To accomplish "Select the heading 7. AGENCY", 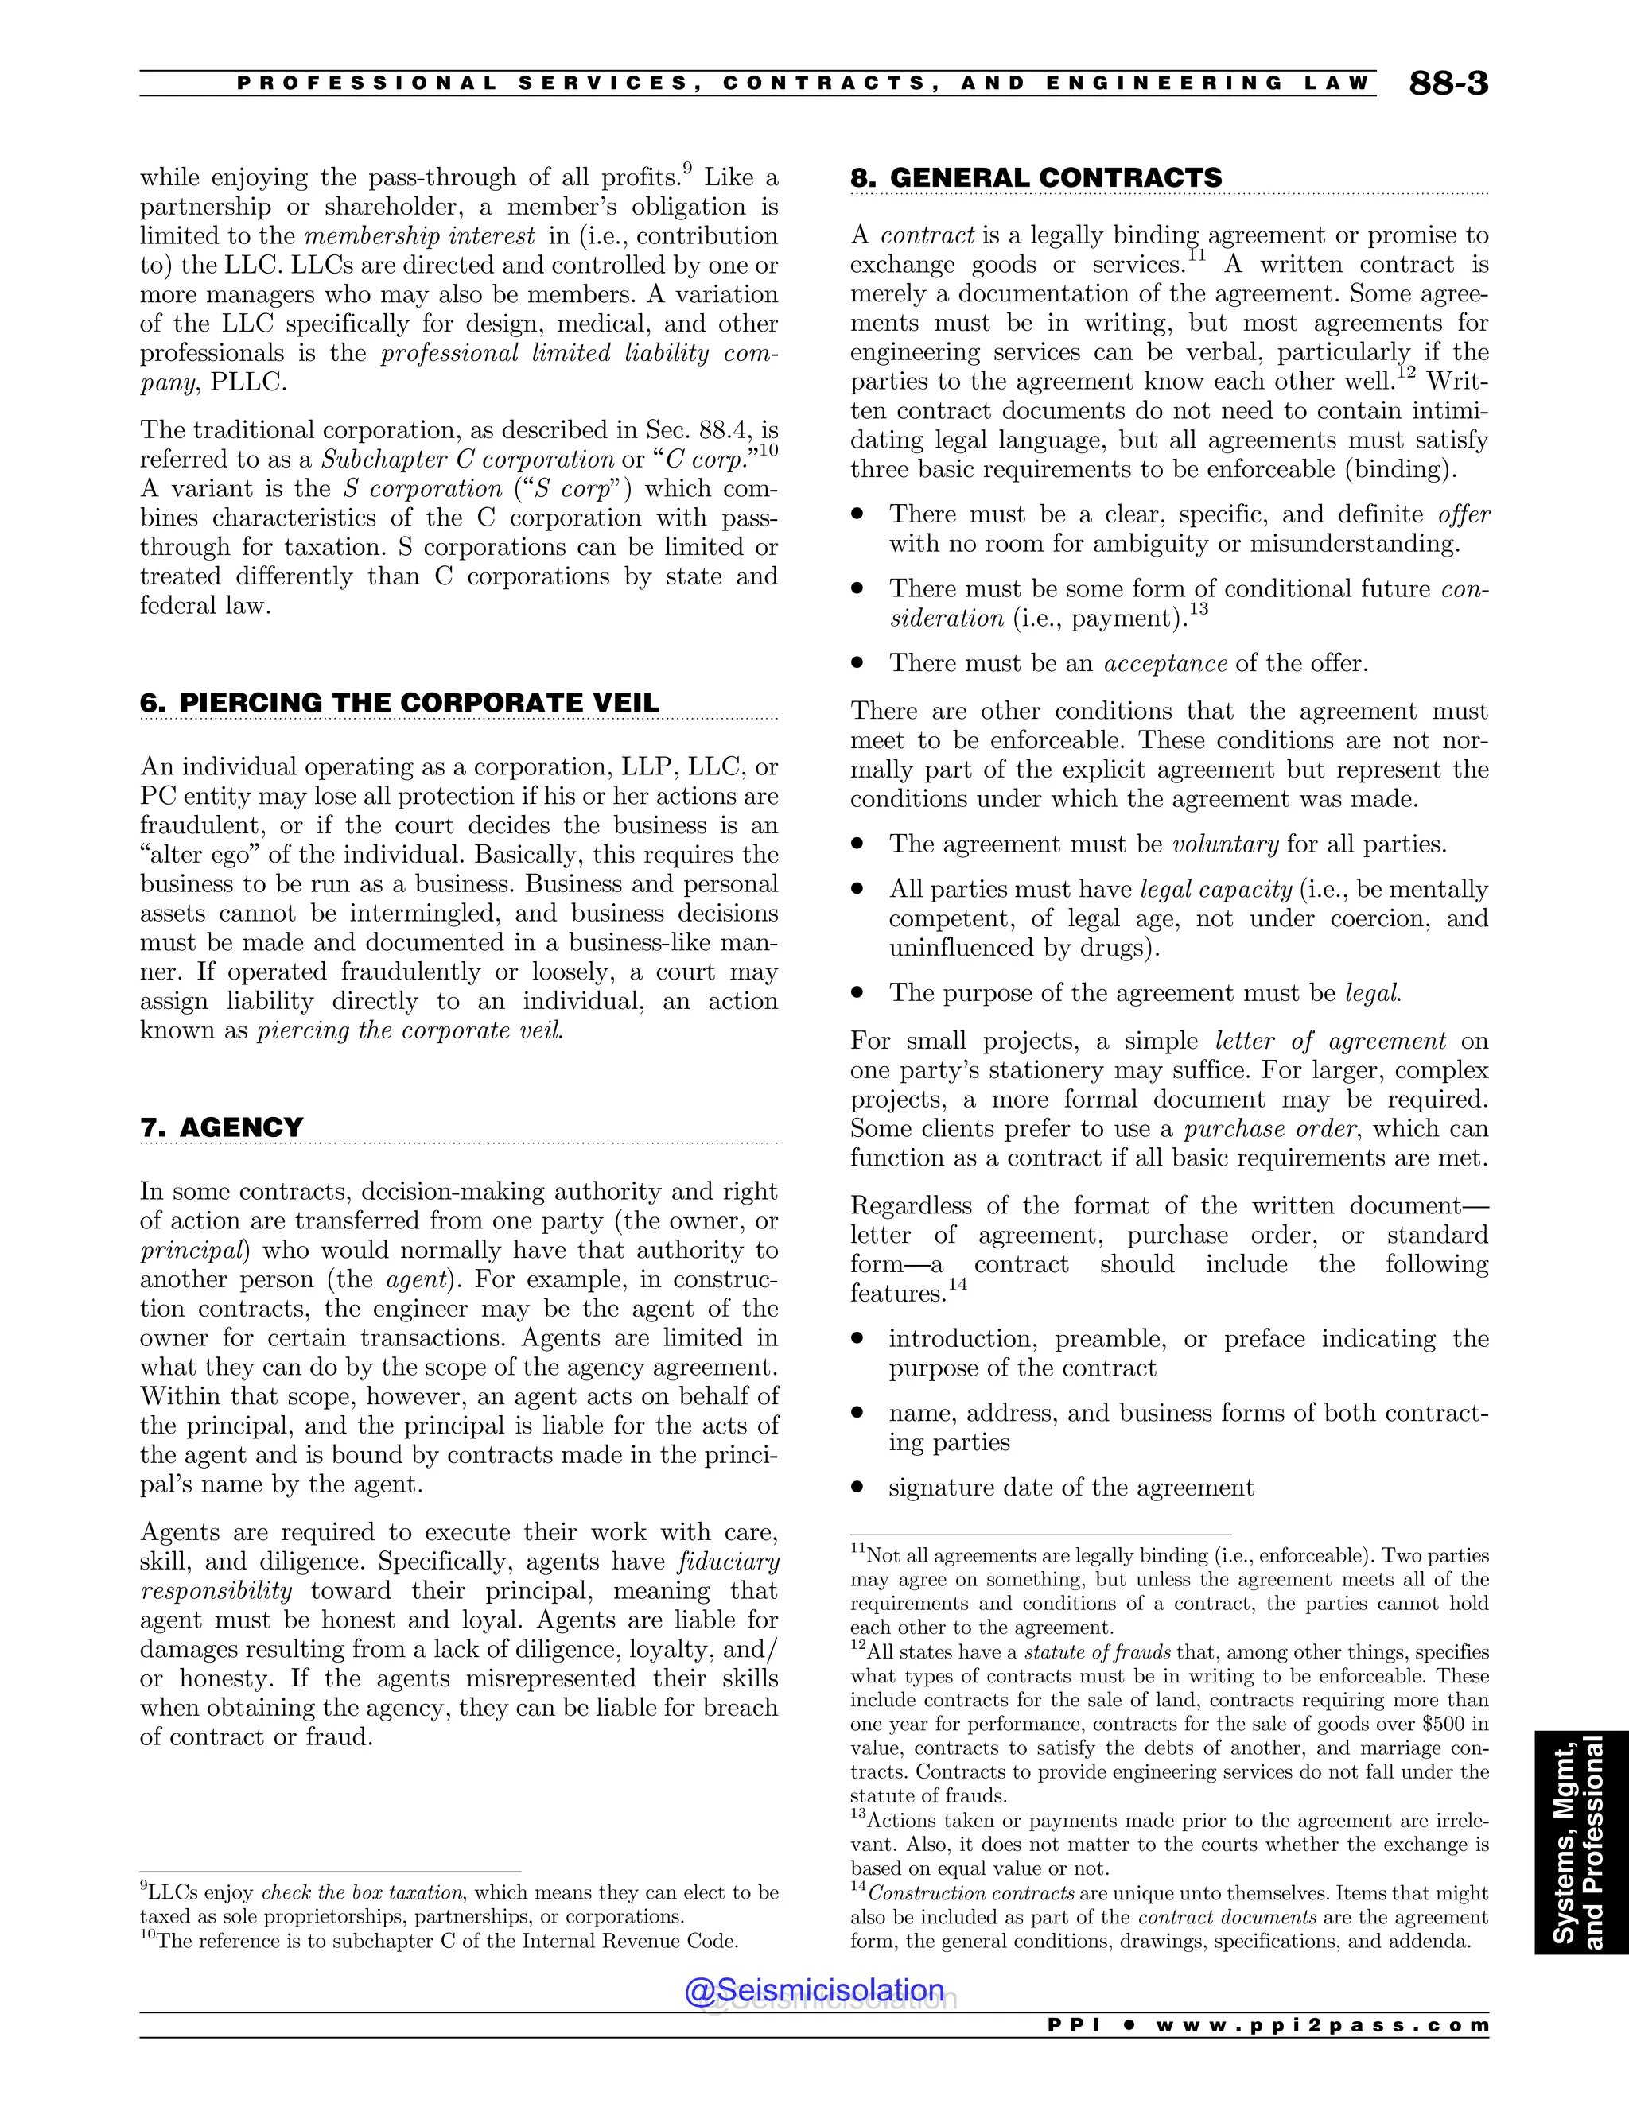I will click(221, 1127).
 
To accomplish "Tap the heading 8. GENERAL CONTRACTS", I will click(1036, 178).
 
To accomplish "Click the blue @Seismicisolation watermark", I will click(814, 1990).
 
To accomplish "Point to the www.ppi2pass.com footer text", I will click(1322, 2025).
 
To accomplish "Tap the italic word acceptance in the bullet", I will click(1164, 664).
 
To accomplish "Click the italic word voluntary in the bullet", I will click(1225, 845).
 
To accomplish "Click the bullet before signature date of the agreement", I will click(856, 1488).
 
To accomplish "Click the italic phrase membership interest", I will click(419, 236).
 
